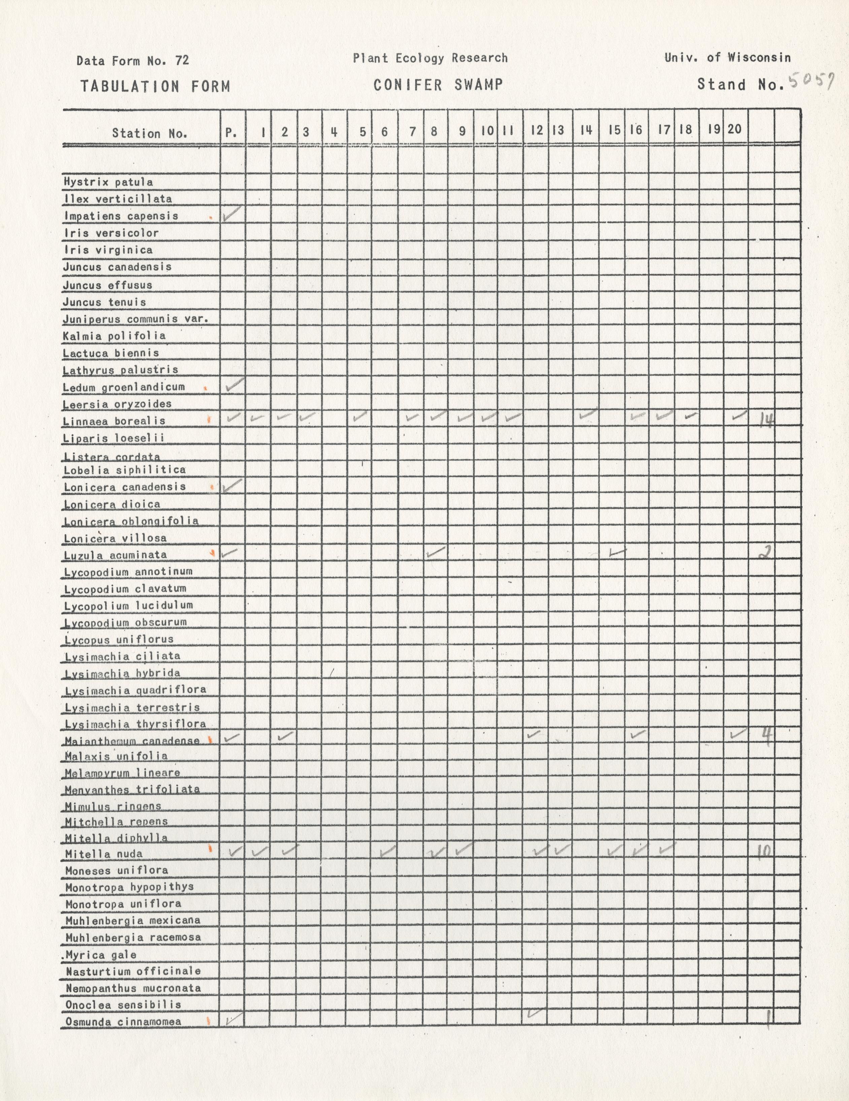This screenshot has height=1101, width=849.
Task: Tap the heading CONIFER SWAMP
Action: [438, 85]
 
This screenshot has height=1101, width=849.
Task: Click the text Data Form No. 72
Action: [133, 61]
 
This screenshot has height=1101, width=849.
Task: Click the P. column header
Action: [231, 132]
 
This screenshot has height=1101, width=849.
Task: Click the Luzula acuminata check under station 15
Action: [616, 553]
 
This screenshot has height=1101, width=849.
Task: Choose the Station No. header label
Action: [149, 134]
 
